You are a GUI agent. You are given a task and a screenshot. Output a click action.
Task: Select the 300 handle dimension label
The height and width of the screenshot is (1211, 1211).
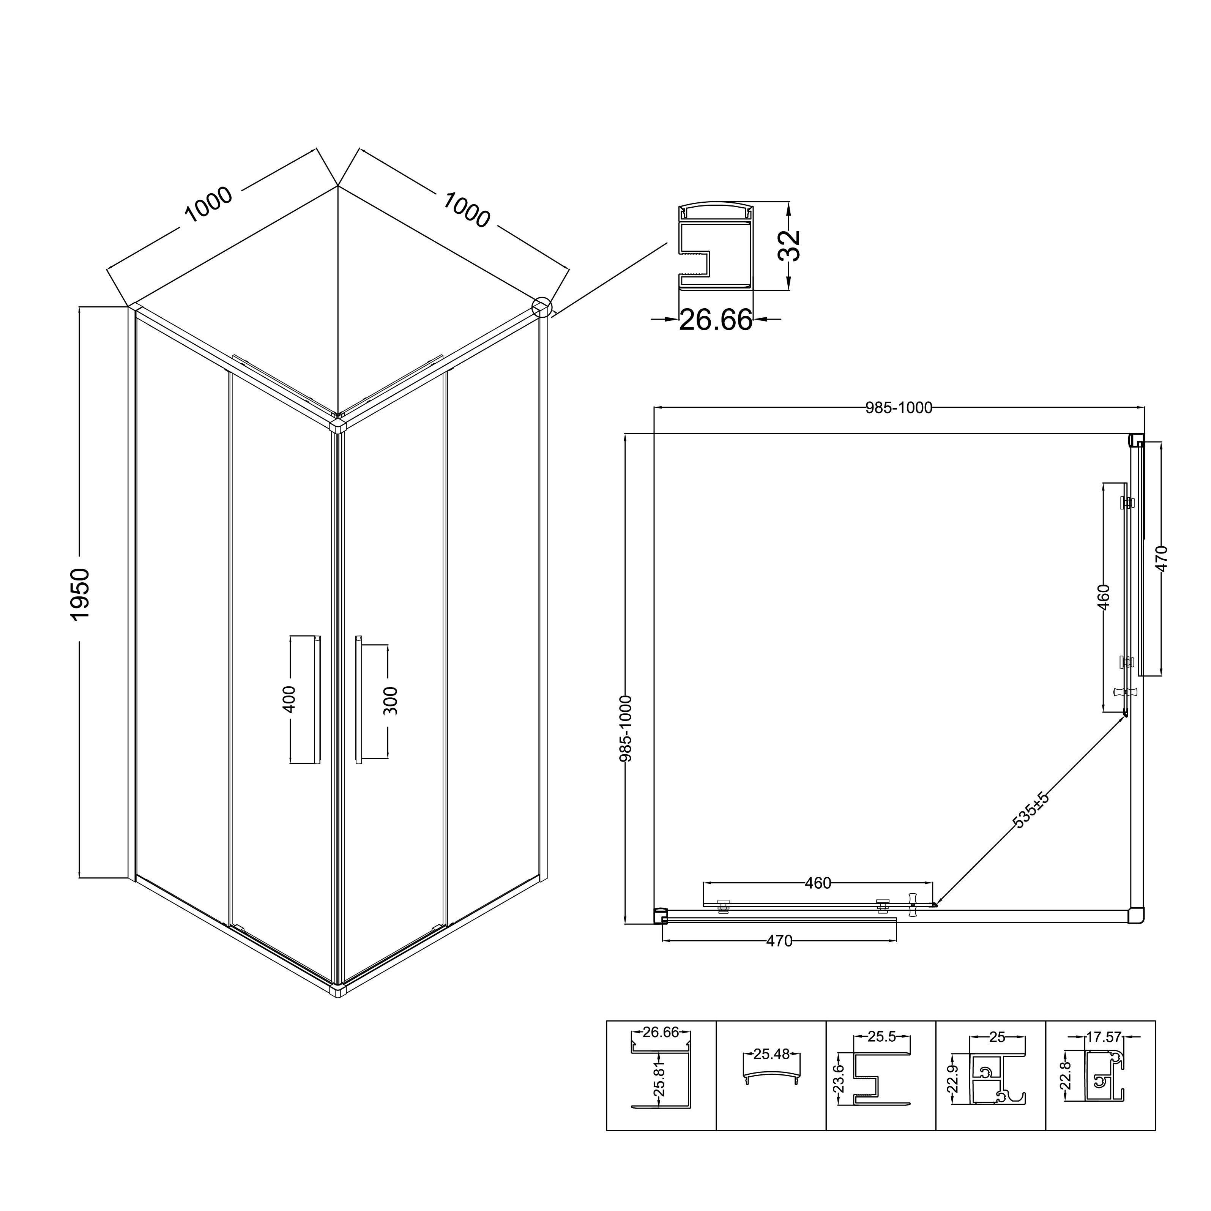click(x=390, y=701)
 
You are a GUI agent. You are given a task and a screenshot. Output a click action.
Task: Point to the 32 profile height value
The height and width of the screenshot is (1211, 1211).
click(x=789, y=245)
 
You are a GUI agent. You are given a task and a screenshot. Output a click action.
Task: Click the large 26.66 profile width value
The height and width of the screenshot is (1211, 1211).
click(x=716, y=320)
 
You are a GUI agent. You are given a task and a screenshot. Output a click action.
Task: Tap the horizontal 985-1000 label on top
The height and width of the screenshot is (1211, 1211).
click(x=899, y=408)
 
